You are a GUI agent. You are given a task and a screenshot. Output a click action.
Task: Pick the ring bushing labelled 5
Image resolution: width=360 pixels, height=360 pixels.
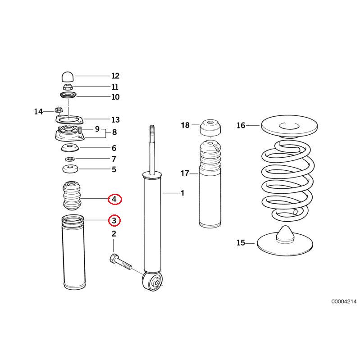click(69, 170)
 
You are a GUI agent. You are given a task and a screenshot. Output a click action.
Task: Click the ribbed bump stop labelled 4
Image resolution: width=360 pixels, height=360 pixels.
click(72, 198)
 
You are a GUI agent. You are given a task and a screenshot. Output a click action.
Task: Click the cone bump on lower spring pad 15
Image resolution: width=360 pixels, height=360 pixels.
click(285, 234)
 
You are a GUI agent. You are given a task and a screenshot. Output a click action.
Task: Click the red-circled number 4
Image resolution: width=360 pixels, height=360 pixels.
click(114, 198)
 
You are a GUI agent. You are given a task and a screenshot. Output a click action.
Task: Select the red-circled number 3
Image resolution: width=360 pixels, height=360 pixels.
click(114, 220)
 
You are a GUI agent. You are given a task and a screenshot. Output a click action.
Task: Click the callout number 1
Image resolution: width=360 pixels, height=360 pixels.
click(182, 193)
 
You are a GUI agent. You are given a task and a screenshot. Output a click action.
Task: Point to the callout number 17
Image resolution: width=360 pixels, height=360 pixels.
click(185, 173)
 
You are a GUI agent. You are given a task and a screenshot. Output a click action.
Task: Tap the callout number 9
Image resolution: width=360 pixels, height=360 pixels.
click(97, 129)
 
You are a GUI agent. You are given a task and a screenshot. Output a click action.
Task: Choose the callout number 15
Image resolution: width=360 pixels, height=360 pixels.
click(241, 243)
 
